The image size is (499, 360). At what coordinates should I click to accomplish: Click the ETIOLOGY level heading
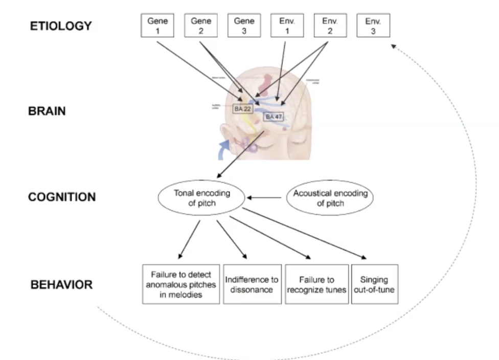pyautogui.click(x=60, y=25)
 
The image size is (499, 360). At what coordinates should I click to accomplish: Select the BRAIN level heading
pyautogui.click(x=47, y=110)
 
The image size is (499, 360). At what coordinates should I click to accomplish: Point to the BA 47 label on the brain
pyautogui.click(x=273, y=117)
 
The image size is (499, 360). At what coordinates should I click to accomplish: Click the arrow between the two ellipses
pyautogui.click(x=265, y=197)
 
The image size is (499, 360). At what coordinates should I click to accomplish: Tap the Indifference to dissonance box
pyautogui.click(x=252, y=284)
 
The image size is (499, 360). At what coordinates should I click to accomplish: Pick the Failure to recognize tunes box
pyautogui.click(x=316, y=284)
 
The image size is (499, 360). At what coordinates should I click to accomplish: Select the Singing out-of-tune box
pyautogui.click(x=374, y=284)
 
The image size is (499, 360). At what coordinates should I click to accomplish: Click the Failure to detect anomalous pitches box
pyautogui.click(x=181, y=284)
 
